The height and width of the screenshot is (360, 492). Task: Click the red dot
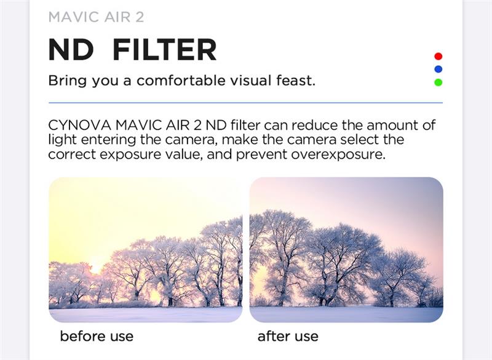click(438, 56)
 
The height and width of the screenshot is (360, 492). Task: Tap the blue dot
click(438, 69)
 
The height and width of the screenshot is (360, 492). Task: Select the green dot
click(438, 82)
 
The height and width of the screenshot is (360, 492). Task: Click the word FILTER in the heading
click(164, 50)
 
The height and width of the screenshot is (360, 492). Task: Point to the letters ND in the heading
click(71, 50)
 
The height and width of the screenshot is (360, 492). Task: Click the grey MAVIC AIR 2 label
click(97, 17)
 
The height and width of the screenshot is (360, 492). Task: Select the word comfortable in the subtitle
click(181, 81)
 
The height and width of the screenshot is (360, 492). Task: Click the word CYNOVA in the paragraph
click(80, 126)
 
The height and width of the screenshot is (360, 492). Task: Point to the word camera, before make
click(191, 140)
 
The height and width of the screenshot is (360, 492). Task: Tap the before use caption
click(97, 336)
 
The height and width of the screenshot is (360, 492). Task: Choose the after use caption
click(288, 336)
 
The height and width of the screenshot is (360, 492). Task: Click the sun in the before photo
click(95, 269)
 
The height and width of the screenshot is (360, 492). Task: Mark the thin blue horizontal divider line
click(245, 103)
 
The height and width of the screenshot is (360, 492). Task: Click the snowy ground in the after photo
click(346, 314)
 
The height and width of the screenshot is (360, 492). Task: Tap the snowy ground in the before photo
click(146, 314)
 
